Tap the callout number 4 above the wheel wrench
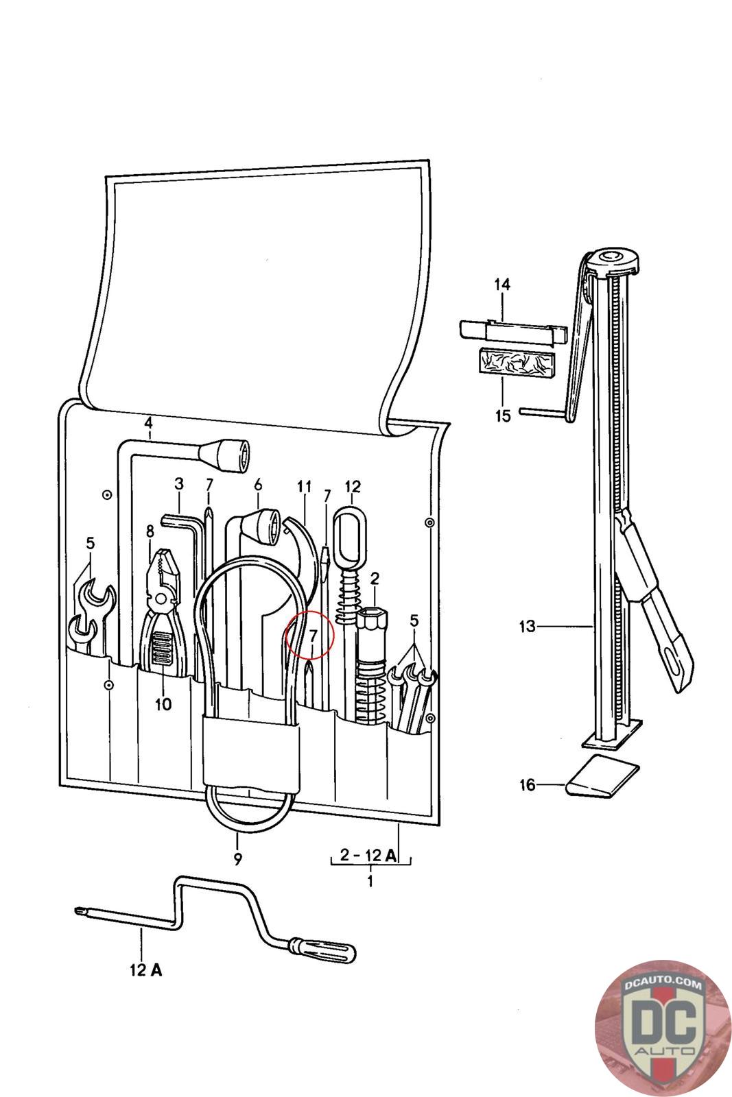(x=148, y=423)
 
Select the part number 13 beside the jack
(x=527, y=626)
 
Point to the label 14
(x=503, y=284)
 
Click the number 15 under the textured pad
(x=503, y=415)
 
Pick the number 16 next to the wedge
(x=527, y=784)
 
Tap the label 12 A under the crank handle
(x=146, y=970)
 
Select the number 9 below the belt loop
(x=237, y=858)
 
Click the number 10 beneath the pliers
(x=163, y=703)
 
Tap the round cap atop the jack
(x=612, y=259)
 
